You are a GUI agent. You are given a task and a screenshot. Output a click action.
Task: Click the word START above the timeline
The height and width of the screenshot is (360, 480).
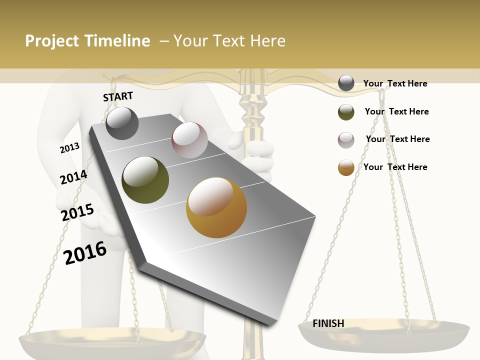(118, 96)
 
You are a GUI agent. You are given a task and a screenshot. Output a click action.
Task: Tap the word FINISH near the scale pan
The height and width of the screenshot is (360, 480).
(328, 323)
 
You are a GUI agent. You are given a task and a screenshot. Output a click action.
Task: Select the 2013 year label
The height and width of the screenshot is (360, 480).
(69, 148)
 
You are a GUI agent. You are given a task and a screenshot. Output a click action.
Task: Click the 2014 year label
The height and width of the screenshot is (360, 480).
(73, 177)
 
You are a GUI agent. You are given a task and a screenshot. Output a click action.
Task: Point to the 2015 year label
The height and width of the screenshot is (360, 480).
(77, 212)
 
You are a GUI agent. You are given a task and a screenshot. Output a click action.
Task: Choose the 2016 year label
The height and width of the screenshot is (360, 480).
(85, 252)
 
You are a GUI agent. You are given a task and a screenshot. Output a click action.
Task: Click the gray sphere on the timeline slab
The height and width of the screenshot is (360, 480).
(122, 123)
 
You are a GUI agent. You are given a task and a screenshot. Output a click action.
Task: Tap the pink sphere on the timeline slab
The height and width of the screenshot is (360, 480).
(189, 140)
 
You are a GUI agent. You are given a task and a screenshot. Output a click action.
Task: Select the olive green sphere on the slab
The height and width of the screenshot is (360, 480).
(145, 180)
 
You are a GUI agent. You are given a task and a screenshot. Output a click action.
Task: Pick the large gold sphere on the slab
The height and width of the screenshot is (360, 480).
(216, 207)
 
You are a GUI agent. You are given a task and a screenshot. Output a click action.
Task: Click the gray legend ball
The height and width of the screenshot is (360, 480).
(346, 83)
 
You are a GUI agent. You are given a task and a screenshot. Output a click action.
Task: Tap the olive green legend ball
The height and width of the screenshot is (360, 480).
(346, 112)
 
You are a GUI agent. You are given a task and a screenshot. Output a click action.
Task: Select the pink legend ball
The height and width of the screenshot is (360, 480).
(346, 140)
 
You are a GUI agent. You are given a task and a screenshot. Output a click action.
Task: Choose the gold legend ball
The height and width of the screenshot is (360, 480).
(346, 168)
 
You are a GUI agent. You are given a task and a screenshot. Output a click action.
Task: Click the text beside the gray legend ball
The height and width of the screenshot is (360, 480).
(395, 83)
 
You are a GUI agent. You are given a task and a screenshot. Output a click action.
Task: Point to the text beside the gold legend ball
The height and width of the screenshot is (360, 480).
(395, 167)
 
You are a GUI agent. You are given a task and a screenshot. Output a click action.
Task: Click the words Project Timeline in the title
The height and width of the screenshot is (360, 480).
(87, 41)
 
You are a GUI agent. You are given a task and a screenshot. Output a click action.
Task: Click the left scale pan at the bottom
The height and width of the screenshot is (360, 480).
(112, 342)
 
